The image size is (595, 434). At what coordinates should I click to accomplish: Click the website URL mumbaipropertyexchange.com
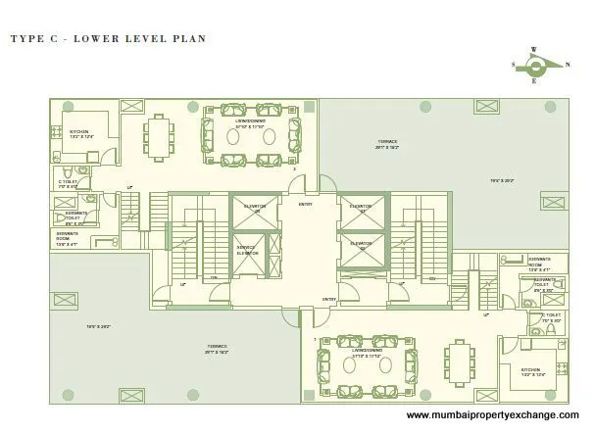499,415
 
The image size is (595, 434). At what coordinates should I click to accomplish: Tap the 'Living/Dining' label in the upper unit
251,124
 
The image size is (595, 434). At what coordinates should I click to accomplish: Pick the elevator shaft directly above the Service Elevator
246,212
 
